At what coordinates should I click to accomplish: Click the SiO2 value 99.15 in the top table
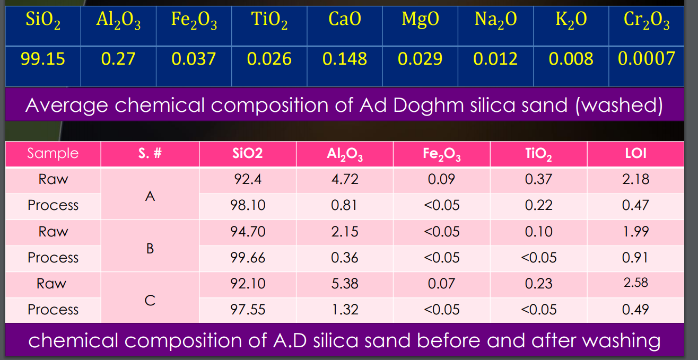43,59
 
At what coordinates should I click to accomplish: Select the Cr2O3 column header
647,21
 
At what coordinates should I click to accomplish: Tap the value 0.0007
647,58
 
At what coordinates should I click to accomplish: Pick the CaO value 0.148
345,59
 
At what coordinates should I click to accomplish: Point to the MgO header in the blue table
420,20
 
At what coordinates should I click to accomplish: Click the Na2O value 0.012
495,59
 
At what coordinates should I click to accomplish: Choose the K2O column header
571,21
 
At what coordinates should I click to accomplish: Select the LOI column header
635,154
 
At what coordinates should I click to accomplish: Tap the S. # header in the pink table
150,154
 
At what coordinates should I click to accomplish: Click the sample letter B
150,247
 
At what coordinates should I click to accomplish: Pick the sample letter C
150,300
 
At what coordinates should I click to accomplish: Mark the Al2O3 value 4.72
345,179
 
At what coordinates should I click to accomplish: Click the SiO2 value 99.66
248,258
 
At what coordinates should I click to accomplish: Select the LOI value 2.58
635,283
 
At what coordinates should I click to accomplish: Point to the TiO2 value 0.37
538,179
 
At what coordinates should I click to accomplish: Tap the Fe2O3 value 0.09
441,179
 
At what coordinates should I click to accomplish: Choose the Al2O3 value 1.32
345,310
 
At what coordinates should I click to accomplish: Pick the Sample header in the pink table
53,154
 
